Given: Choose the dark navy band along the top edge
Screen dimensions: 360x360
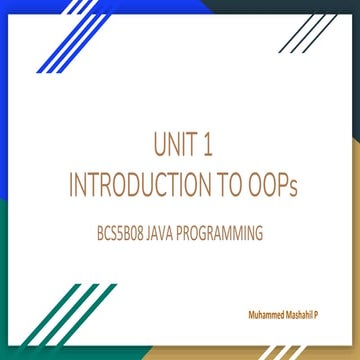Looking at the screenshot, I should [300, 5].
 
